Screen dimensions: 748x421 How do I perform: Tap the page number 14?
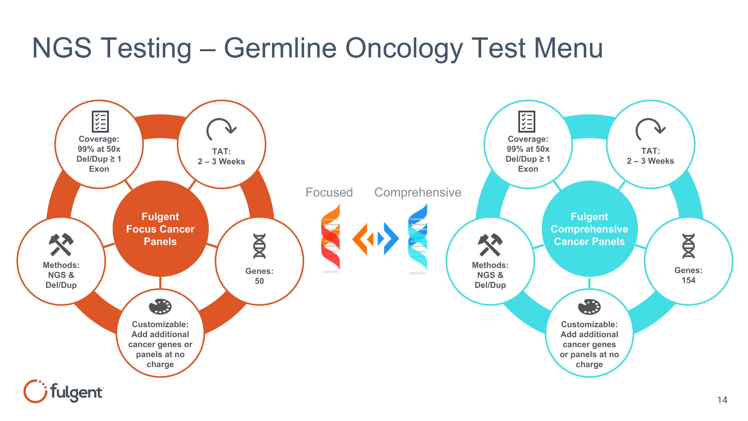[722, 400]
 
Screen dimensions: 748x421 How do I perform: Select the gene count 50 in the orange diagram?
[259, 281]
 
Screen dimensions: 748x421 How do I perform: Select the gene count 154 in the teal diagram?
[688, 280]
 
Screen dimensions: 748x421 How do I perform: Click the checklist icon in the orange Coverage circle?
[100, 122]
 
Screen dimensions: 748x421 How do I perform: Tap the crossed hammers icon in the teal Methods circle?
[490, 244]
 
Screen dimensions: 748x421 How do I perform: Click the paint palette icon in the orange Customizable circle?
[160, 306]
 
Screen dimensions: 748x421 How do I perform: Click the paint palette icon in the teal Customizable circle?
[589, 306]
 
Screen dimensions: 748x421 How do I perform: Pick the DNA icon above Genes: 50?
[259, 246]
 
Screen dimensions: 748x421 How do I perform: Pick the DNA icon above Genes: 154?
[688, 246]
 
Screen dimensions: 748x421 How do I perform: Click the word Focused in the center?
[329, 192]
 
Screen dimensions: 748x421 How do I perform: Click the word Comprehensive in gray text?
[418, 192]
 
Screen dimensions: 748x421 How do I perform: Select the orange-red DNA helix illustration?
[330, 238]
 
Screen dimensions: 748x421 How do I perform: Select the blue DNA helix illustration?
[418, 238]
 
